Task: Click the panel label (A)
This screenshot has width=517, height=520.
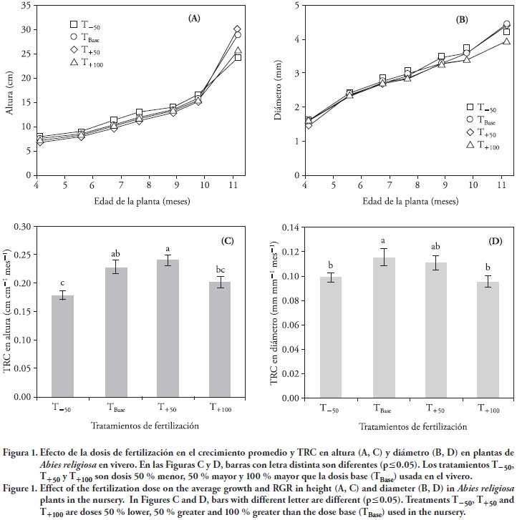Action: [x=194, y=19]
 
